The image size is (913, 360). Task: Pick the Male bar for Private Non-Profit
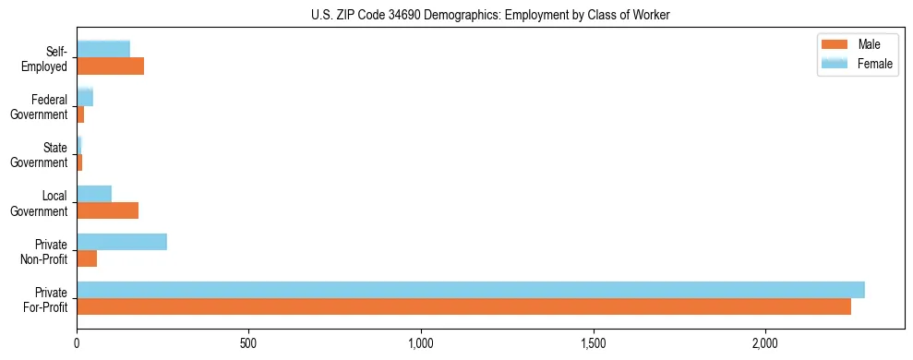pos(87,259)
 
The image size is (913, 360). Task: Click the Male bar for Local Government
pos(107,211)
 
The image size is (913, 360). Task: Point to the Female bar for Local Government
pos(94,194)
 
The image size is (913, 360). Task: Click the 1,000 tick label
pos(421,343)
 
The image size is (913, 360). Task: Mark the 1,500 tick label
pos(593,343)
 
